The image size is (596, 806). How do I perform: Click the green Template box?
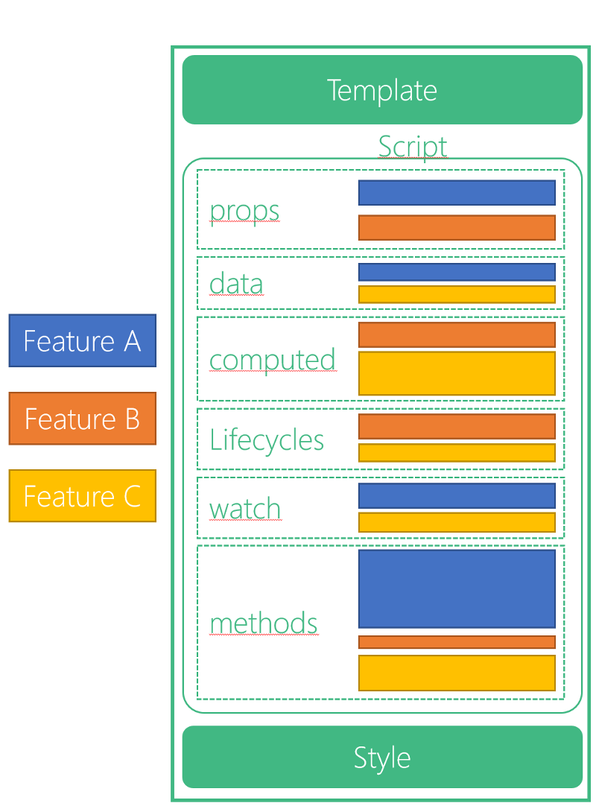point(382,90)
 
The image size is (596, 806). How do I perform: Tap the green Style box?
point(382,757)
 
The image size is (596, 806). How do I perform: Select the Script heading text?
point(412,146)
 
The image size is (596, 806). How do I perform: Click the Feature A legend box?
point(82,340)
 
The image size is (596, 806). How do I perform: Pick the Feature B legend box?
point(82,418)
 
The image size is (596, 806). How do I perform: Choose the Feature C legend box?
point(82,495)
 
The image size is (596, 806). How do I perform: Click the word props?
point(244,211)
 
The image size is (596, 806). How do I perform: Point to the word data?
point(236,284)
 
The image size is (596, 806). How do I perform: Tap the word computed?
point(273,360)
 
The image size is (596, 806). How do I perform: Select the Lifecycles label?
point(267,440)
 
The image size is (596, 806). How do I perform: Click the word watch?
point(245,509)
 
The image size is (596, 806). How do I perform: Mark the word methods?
point(264,623)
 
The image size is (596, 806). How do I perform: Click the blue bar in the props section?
point(457,192)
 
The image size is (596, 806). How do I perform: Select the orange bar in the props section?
point(457,227)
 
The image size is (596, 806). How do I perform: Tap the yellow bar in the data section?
point(457,294)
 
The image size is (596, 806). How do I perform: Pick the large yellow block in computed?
point(457,373)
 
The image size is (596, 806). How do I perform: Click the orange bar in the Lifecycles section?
point(457,426)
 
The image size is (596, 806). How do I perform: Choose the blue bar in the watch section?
point(457,495)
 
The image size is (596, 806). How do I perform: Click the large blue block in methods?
point(457,588)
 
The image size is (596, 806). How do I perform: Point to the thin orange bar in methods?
point(457,642)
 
